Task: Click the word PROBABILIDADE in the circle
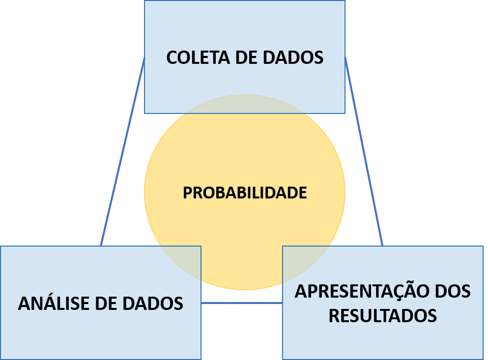tap(245, 193)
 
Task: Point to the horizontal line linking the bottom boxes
tap(241, 303)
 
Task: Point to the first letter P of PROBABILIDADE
tap(188, 193)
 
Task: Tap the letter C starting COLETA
tap(172, 57)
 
